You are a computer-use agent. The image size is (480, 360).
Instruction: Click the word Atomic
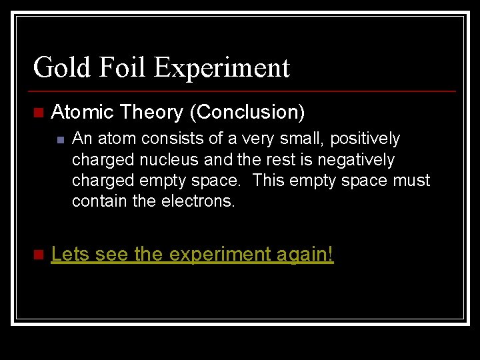[83, 113]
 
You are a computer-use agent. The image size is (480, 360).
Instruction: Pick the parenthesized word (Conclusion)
[247, 113]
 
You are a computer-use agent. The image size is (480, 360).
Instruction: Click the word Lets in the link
[71, 254]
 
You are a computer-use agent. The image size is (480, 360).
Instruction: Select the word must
[413, 181]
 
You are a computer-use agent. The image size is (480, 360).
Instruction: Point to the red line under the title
[243, 91]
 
